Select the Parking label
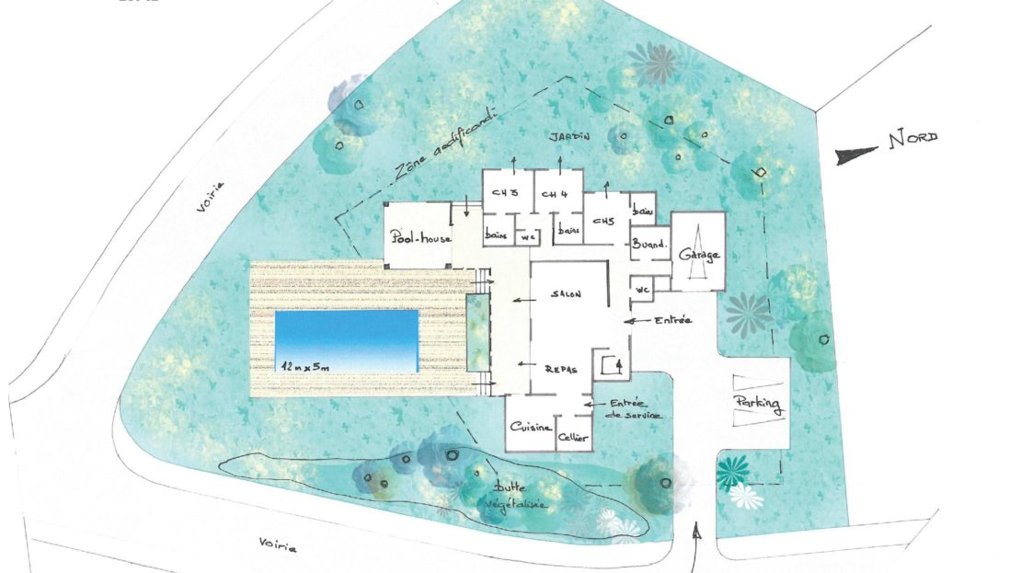760,404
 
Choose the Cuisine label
532,429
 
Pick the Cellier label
574,438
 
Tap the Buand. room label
648,246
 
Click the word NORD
912,139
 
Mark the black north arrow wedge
855,155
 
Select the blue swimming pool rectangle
347,338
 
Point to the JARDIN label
570,136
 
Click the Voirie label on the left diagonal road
212,199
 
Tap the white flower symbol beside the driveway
744,497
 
